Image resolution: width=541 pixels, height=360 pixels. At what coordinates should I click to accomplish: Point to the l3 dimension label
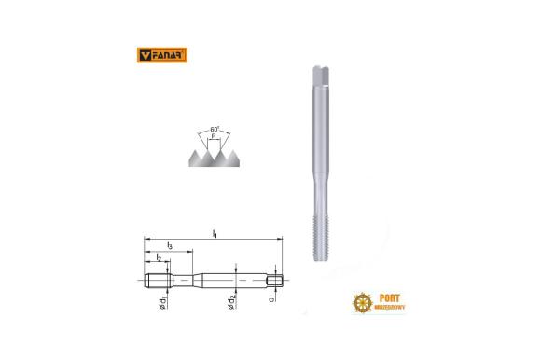pyautogui.click(x=169, y=245)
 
